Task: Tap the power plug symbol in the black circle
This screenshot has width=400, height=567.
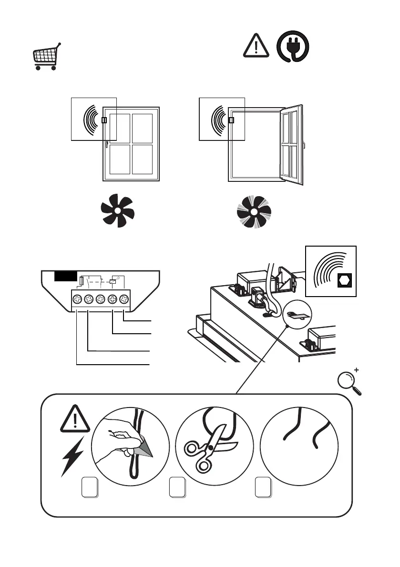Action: [293, 47]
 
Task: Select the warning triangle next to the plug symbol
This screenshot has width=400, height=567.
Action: [256, 46]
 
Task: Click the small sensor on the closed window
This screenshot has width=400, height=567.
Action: [104, 120]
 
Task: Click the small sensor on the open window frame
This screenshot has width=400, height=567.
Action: [232, 120]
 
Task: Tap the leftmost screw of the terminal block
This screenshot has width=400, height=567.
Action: [77, 300]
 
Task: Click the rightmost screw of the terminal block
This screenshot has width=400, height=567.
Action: [124, 300]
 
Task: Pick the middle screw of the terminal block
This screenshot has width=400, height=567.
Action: [100, 300]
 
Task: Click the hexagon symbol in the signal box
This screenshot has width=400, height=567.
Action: [343, 280]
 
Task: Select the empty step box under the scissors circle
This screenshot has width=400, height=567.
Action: [177, 487]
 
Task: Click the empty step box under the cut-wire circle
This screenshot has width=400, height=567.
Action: [263, 487]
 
